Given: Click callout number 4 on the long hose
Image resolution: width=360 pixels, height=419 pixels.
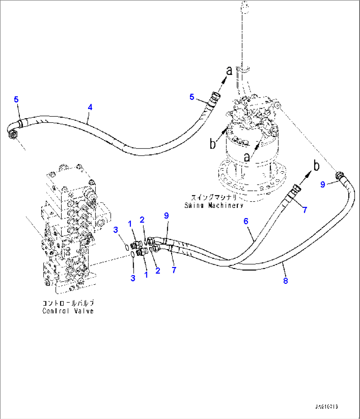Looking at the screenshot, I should point(90,107).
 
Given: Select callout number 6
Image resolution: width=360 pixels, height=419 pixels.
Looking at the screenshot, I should point(246,221).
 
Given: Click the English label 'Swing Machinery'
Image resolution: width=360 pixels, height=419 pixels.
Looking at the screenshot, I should point(214,205).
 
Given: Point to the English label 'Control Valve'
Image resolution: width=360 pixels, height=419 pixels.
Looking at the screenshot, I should point(68,311).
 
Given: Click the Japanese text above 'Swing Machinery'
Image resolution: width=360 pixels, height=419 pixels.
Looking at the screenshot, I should point(214,198).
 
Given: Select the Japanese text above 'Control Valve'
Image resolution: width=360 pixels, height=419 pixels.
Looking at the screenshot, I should point(68,303).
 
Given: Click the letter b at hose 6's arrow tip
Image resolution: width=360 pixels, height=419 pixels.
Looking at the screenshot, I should point(316,166).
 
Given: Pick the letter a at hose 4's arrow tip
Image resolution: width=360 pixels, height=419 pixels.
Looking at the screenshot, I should point(229,70).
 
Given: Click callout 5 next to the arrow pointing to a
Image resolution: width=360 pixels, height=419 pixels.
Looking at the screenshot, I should point(192,97).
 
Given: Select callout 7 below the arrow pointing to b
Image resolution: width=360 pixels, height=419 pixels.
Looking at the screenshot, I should point(305,209).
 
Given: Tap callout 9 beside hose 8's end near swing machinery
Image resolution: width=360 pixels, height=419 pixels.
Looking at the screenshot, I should point(323,184).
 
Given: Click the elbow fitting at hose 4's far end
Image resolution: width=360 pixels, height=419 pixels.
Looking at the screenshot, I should point(13,134).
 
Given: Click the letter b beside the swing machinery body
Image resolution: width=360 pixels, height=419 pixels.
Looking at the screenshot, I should point(213,144).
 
